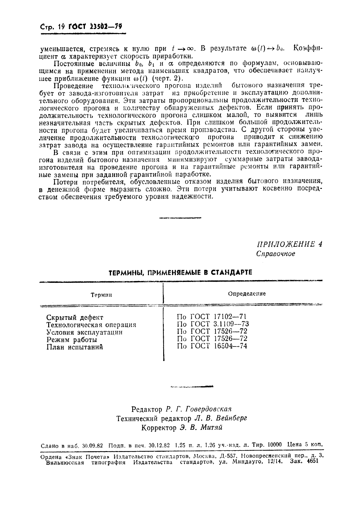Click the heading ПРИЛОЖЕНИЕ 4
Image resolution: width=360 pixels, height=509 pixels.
coord(290,245)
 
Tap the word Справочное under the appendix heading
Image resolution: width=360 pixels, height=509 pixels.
coord(275,254)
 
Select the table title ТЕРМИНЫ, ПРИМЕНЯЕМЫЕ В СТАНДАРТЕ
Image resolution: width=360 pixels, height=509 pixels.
coord(180,272)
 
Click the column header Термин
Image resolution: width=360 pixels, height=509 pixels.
coord(101,295)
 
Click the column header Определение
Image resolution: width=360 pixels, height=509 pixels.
coord(247,293)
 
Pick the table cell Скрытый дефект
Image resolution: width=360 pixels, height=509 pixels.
coord(75,317)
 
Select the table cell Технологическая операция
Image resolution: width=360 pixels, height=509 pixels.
coord(91,325)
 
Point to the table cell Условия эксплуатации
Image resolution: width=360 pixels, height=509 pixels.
coord(84,332)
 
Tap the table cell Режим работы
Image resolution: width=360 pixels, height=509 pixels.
coord(71,340)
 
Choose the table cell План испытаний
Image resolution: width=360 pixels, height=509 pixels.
coord(75,347)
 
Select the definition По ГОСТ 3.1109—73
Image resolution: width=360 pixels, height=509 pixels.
coord(213,324)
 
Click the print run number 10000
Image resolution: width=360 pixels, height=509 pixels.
coord(275,445)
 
